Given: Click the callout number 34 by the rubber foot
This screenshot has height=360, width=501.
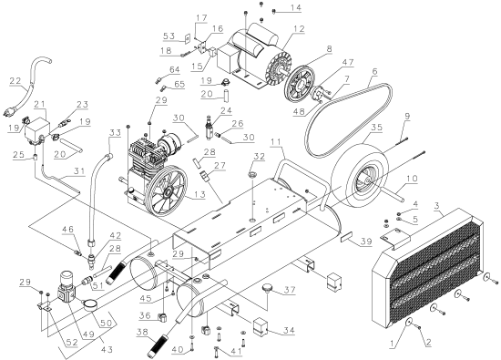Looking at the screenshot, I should click(x=290, y=332).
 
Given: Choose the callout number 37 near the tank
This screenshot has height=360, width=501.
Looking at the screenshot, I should click(x=291, y=292).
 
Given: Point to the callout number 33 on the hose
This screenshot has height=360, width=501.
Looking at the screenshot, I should click(x=115, y=131).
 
